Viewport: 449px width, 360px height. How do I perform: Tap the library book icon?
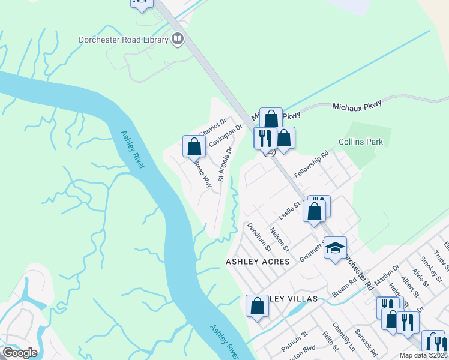177,40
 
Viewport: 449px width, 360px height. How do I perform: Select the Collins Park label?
360,142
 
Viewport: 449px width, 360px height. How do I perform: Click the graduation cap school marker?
335,247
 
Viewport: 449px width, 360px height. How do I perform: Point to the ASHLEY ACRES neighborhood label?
258,262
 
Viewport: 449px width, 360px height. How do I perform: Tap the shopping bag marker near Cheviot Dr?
194,146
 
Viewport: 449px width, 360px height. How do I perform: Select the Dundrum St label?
259,236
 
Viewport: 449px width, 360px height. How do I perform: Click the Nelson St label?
280,239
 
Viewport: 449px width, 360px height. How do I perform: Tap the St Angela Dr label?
225,164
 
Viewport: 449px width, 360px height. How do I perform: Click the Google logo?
19,353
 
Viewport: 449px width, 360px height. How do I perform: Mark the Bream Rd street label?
344,287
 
